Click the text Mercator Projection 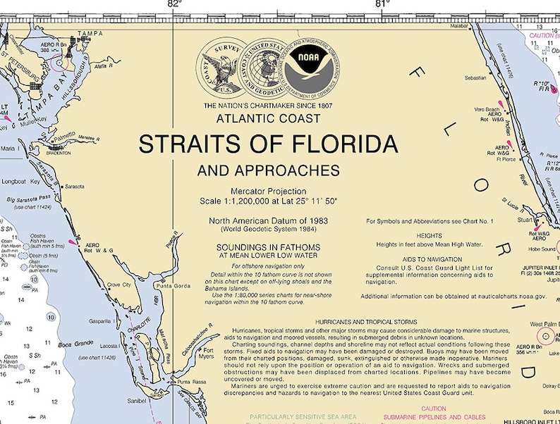click(x=268, y=191)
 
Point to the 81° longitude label click(x=382, y=4)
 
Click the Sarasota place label click(x=74, y=187)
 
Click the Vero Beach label click(x=487, y=110)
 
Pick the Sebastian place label click(x=475, y=78)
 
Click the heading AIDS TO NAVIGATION click(x=429, y=260)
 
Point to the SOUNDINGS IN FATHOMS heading click(x=268, y=247)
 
